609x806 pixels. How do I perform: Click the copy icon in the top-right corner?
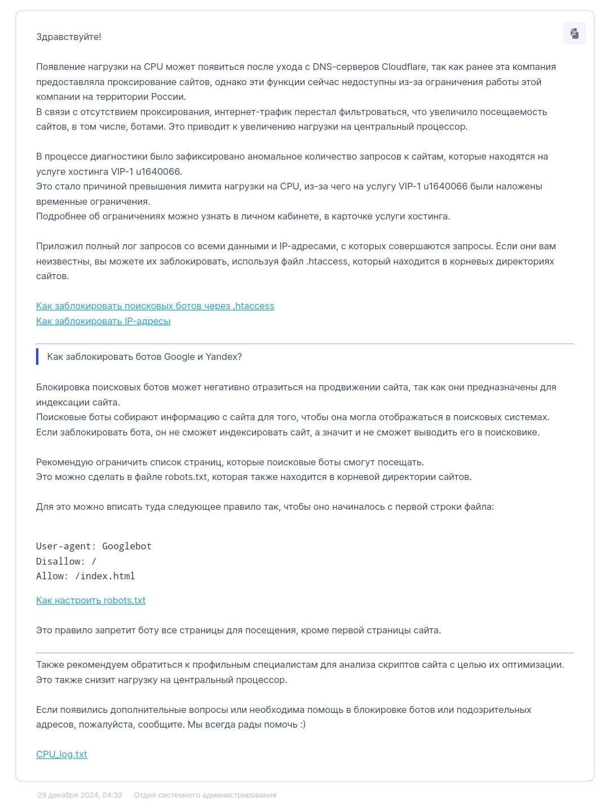click(574, 33)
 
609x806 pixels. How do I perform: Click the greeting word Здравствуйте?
click(69, 37)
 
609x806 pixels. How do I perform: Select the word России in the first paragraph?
click(168, 97)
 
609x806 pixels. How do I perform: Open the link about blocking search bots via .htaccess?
click(155, 306)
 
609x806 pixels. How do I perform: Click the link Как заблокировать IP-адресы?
click(103, 321)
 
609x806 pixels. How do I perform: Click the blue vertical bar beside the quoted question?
click(37, 357)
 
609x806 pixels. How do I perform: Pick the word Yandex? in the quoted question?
click(224, 357)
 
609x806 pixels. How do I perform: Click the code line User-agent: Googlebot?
click(94, 547)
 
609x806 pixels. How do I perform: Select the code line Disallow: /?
click(66, 562)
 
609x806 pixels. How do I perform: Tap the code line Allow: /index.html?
click(86, 576)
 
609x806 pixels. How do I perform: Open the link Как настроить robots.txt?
click(91, 601)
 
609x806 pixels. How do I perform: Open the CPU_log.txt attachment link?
click(61, 755)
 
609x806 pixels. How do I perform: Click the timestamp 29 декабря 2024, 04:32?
click(80, 795)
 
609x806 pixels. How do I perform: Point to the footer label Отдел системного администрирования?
click(205, 795)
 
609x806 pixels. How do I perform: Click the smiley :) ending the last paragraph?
click(302, 725)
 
